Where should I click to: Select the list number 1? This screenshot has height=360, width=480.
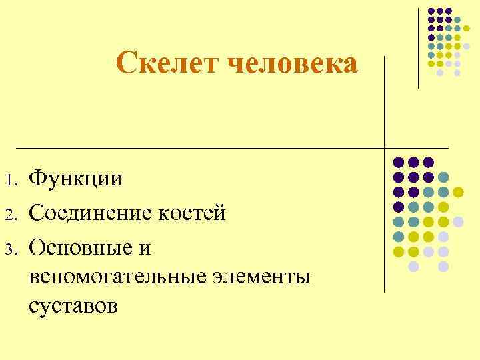9,181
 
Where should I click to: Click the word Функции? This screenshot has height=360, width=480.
77,178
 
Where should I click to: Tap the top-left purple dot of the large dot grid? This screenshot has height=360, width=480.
399,162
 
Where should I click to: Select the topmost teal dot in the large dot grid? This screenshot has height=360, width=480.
443,177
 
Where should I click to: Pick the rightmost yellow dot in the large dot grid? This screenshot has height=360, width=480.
458,192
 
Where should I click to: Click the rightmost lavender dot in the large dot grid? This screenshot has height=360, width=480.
458,221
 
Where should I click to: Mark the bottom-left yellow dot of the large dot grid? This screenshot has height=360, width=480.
399,251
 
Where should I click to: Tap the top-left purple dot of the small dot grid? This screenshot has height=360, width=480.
432,11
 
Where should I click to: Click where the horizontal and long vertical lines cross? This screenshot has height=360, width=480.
385,147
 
